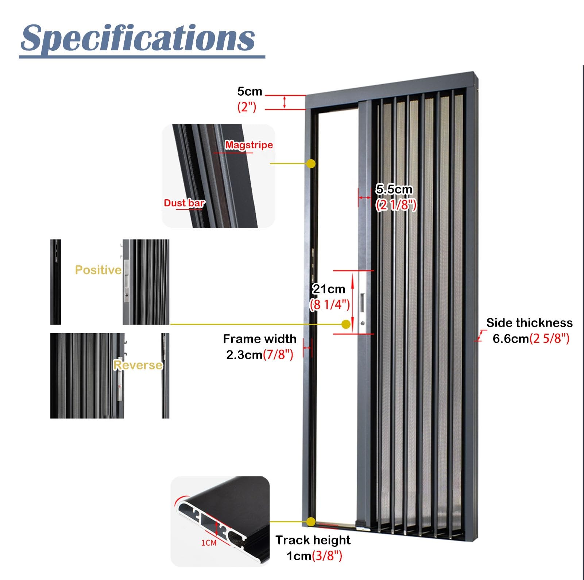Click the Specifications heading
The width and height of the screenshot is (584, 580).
tap(138, 38)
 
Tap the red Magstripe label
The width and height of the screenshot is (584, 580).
tap(249, 145)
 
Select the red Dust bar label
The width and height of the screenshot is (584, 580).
tap(184, 203)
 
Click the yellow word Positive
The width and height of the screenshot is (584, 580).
tap(98, 270)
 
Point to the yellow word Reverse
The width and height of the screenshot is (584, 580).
tap(138, 365)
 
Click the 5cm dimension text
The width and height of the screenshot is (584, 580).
tap(250, 91)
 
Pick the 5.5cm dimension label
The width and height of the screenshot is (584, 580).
tap(394, 189)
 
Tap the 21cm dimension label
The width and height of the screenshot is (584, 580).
tap(329, 289)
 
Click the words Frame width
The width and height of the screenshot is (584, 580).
tap(260, 339)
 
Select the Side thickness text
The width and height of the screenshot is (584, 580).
tap(529, 323)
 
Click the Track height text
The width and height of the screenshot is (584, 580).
tap(313, 540)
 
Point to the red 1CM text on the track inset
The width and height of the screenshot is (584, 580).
tap(209, 543)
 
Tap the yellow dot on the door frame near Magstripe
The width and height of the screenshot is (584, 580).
tap(311, 164)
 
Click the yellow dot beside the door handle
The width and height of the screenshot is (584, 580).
tap(346, 324)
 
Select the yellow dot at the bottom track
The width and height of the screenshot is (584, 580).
tap(311, 522)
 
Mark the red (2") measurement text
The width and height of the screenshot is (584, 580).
tap(247, 107)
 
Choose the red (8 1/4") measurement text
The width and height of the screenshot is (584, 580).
tap(330, 304)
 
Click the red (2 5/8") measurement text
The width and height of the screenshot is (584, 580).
tap(549, 339)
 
